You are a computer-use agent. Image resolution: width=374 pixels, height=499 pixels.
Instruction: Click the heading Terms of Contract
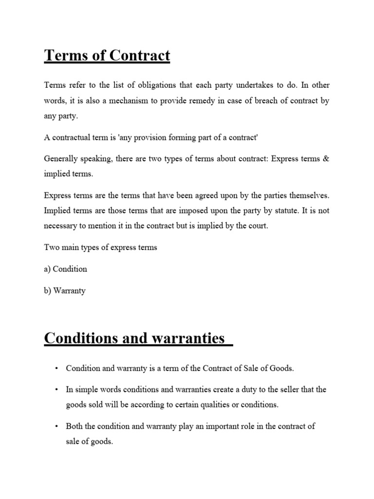(107, 56)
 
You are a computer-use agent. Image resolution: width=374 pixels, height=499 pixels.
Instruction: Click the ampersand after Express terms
(326, 160)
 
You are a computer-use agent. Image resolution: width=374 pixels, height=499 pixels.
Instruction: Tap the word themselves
(307, 195)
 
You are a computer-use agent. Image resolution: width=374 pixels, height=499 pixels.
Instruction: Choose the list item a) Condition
(65, 269)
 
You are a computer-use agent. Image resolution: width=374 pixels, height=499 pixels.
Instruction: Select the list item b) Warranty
(64, 290)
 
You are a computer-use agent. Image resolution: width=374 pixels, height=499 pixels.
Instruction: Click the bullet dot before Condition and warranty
(57, 368)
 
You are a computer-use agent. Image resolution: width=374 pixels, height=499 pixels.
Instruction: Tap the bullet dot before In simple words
(57, 390)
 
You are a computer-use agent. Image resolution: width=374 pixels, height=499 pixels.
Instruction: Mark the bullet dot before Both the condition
(57, 426)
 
